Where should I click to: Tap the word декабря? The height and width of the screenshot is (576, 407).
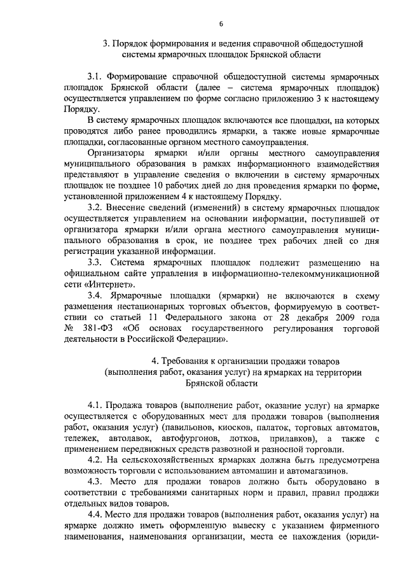click(x=293, y=318)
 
